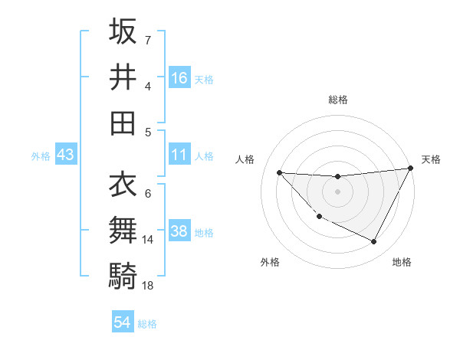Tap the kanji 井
(x=123, y=77)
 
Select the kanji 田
(x=123, y=122)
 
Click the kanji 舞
(x=123, y=229)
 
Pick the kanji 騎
(x=123, y=274)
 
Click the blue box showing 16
(x=179, y=77)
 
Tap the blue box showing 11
(x=179, y=155)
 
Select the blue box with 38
(x=179, y=231)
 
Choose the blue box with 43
(x=66, y=155)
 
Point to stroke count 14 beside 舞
(x=148, y=240)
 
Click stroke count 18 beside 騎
(x=148, y=285)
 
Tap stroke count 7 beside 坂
(x=147, y=40)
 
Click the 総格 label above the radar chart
(x=337, y=100)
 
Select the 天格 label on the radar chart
(x=431, y=159)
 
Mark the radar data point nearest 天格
(x=410, y=169)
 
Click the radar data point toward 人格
(x=279, y=172)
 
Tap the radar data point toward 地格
(x=374, y=242)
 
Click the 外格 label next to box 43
(x=41, y=155)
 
